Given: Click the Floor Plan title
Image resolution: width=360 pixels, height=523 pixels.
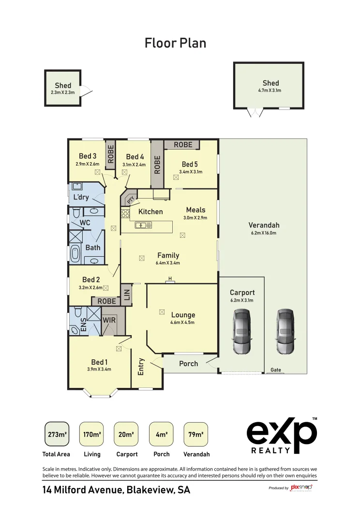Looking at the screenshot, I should pyautogui.click(x=175, y=43).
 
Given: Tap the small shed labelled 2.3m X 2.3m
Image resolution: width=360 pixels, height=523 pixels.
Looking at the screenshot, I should pyautogui.click(x=63, y=88).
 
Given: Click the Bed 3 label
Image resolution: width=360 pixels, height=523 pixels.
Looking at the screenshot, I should pyautogui.click(x=88, y=156).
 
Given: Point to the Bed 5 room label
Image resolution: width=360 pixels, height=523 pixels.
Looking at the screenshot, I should pyautogui.click(x=190, y=164).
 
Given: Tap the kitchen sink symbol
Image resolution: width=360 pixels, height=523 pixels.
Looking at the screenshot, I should pyautogui.click(x=144, y=225).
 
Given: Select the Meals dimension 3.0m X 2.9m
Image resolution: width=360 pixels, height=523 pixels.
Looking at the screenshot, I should pyautogui.click(x=195, y=218).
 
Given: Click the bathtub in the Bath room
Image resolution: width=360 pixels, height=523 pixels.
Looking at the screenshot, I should pyautogui.click(x=75, y=254).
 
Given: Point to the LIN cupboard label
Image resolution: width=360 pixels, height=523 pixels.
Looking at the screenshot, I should pyautogui.click(x=127, y=294).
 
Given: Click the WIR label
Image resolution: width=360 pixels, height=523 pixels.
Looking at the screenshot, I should pyautogui.click(x=108, y=321).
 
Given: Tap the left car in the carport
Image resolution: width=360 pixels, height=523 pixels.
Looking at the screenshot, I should pyautogui.click(x=241, y=332).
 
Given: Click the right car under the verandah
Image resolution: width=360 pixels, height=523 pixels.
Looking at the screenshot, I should pyautogui.click(x=285, y=332).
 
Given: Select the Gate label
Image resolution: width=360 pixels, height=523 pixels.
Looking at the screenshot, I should pyautogui.click(x=275, y=369).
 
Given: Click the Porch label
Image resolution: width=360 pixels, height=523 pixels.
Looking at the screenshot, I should pyautogui.click(x=188, y=363).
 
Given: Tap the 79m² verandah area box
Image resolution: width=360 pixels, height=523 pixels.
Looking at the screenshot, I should pyautogui.click(x=196, y=434).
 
